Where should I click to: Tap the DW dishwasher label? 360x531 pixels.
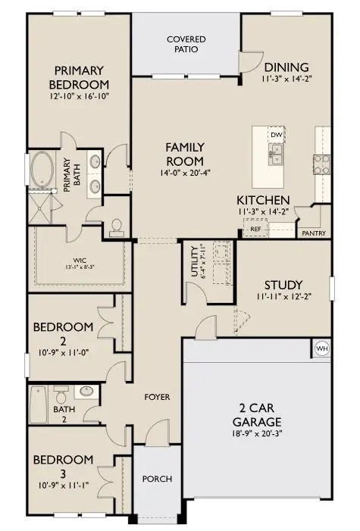(x=276, y=135)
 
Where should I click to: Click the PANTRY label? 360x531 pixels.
(x=314, y=233)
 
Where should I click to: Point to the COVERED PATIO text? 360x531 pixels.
(x=186, y=44)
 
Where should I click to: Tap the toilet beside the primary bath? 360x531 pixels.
(x=116, y=226)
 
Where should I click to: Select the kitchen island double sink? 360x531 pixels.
(x=276, y=155)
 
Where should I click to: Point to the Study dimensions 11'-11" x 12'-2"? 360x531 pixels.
(x=283, y=297)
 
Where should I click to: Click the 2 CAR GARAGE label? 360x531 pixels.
(x=258, y=414)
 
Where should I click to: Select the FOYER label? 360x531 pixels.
(x=157, y=397)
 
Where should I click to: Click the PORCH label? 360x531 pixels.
(x=157, y=479)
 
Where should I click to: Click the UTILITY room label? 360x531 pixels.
(x=196, y=263)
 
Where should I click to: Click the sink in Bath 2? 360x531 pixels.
(x=83, y=392)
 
